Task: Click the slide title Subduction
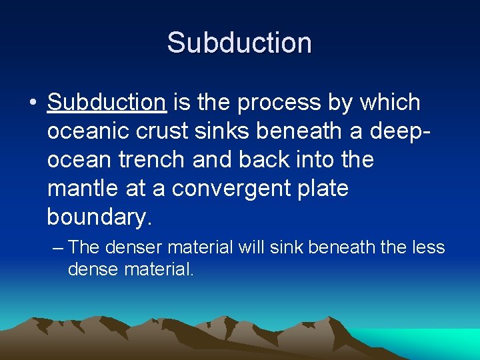click(x=239, y=43)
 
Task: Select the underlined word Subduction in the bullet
click(x=107, y=103)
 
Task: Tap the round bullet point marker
click(x=31, y=104)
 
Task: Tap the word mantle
click(x=85, y=189)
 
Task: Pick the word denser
click(x=133, y=247)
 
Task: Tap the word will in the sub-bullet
click(x=253, y=247)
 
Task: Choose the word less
click(x=427, y=247)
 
